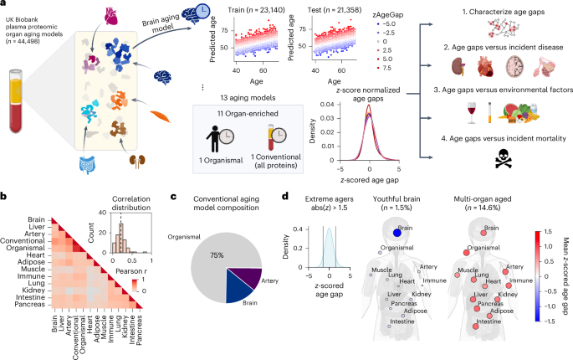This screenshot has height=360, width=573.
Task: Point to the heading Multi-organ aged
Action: [x=489, y=203]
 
